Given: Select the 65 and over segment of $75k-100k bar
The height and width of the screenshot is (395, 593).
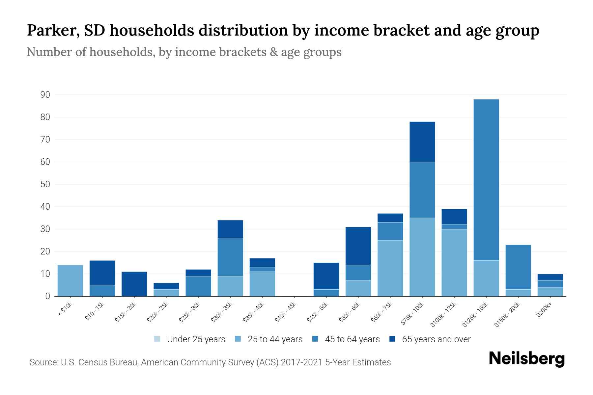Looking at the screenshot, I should (422, 142).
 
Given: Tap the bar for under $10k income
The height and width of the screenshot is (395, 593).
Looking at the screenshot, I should (70, 280).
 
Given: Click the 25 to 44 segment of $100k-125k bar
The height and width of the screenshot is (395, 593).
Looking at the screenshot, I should (454, 262).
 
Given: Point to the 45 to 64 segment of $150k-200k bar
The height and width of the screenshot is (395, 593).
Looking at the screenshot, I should (518, 267).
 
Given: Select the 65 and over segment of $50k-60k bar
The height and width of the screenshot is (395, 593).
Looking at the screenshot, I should (358, 246).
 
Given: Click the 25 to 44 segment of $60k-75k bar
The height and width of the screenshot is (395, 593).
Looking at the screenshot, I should (390, 268).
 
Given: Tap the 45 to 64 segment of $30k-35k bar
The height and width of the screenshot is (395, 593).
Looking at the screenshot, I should (230, 257).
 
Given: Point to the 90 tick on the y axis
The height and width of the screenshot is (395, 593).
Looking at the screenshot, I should (45, 95).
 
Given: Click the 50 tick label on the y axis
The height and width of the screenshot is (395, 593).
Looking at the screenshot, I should (45, 184).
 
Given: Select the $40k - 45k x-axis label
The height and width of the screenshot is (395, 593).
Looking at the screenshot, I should (286, 312).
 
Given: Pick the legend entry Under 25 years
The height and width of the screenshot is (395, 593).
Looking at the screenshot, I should (190, 339).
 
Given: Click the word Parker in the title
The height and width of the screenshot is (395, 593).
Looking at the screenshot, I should (53, 30).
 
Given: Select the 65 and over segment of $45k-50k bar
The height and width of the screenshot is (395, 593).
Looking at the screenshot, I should (326, 276).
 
